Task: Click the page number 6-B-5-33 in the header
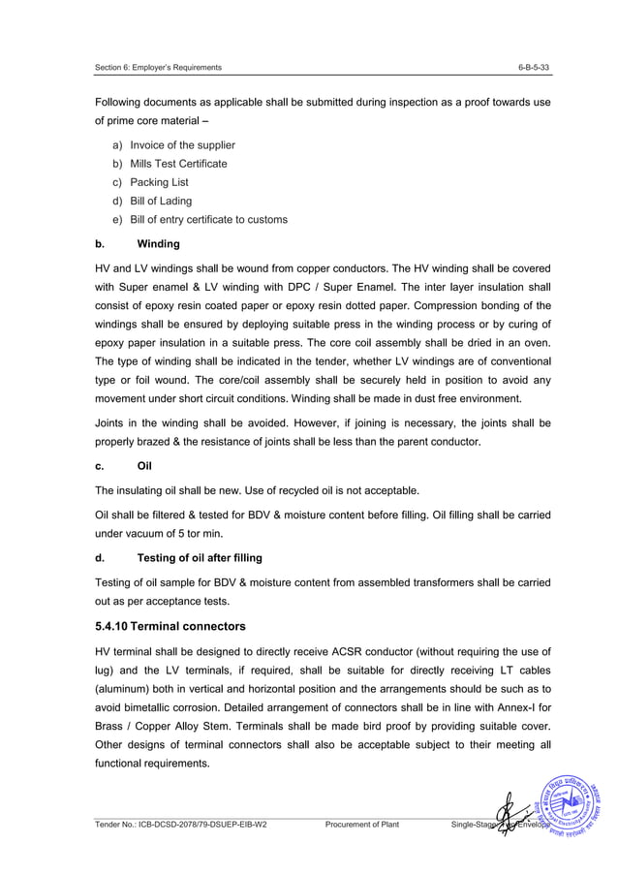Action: (x=535, y=67)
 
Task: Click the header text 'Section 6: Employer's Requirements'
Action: (x=158, y=67)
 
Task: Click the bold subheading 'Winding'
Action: (x=158, y=244)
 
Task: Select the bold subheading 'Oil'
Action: (x=146, y=465)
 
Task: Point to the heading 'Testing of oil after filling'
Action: (x=200, y=557)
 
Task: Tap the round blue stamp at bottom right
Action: (x=574, y=805)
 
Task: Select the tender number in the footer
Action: (x=181, y=826)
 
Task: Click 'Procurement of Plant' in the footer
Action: (x=363, y=826)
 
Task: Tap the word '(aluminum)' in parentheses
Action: (x=122, y=689)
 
